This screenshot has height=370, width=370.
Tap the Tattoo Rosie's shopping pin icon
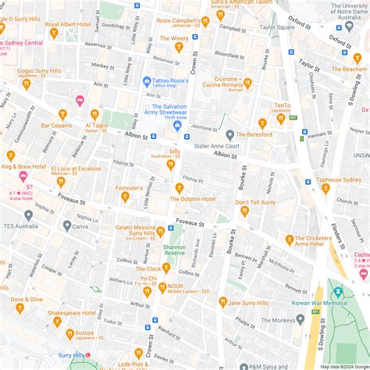(146, 81)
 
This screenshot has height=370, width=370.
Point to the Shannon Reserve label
(174, 250)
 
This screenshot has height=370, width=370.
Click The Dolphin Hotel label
(192, 199)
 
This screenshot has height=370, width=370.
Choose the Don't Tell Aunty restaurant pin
(244, 211)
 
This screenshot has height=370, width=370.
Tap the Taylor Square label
(278, 27)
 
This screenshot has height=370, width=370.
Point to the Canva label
(81, 226)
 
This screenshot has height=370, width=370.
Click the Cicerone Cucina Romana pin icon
(247, 83)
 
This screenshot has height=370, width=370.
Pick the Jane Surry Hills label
(247, 302)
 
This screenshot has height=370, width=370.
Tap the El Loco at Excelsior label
(76, 168)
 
